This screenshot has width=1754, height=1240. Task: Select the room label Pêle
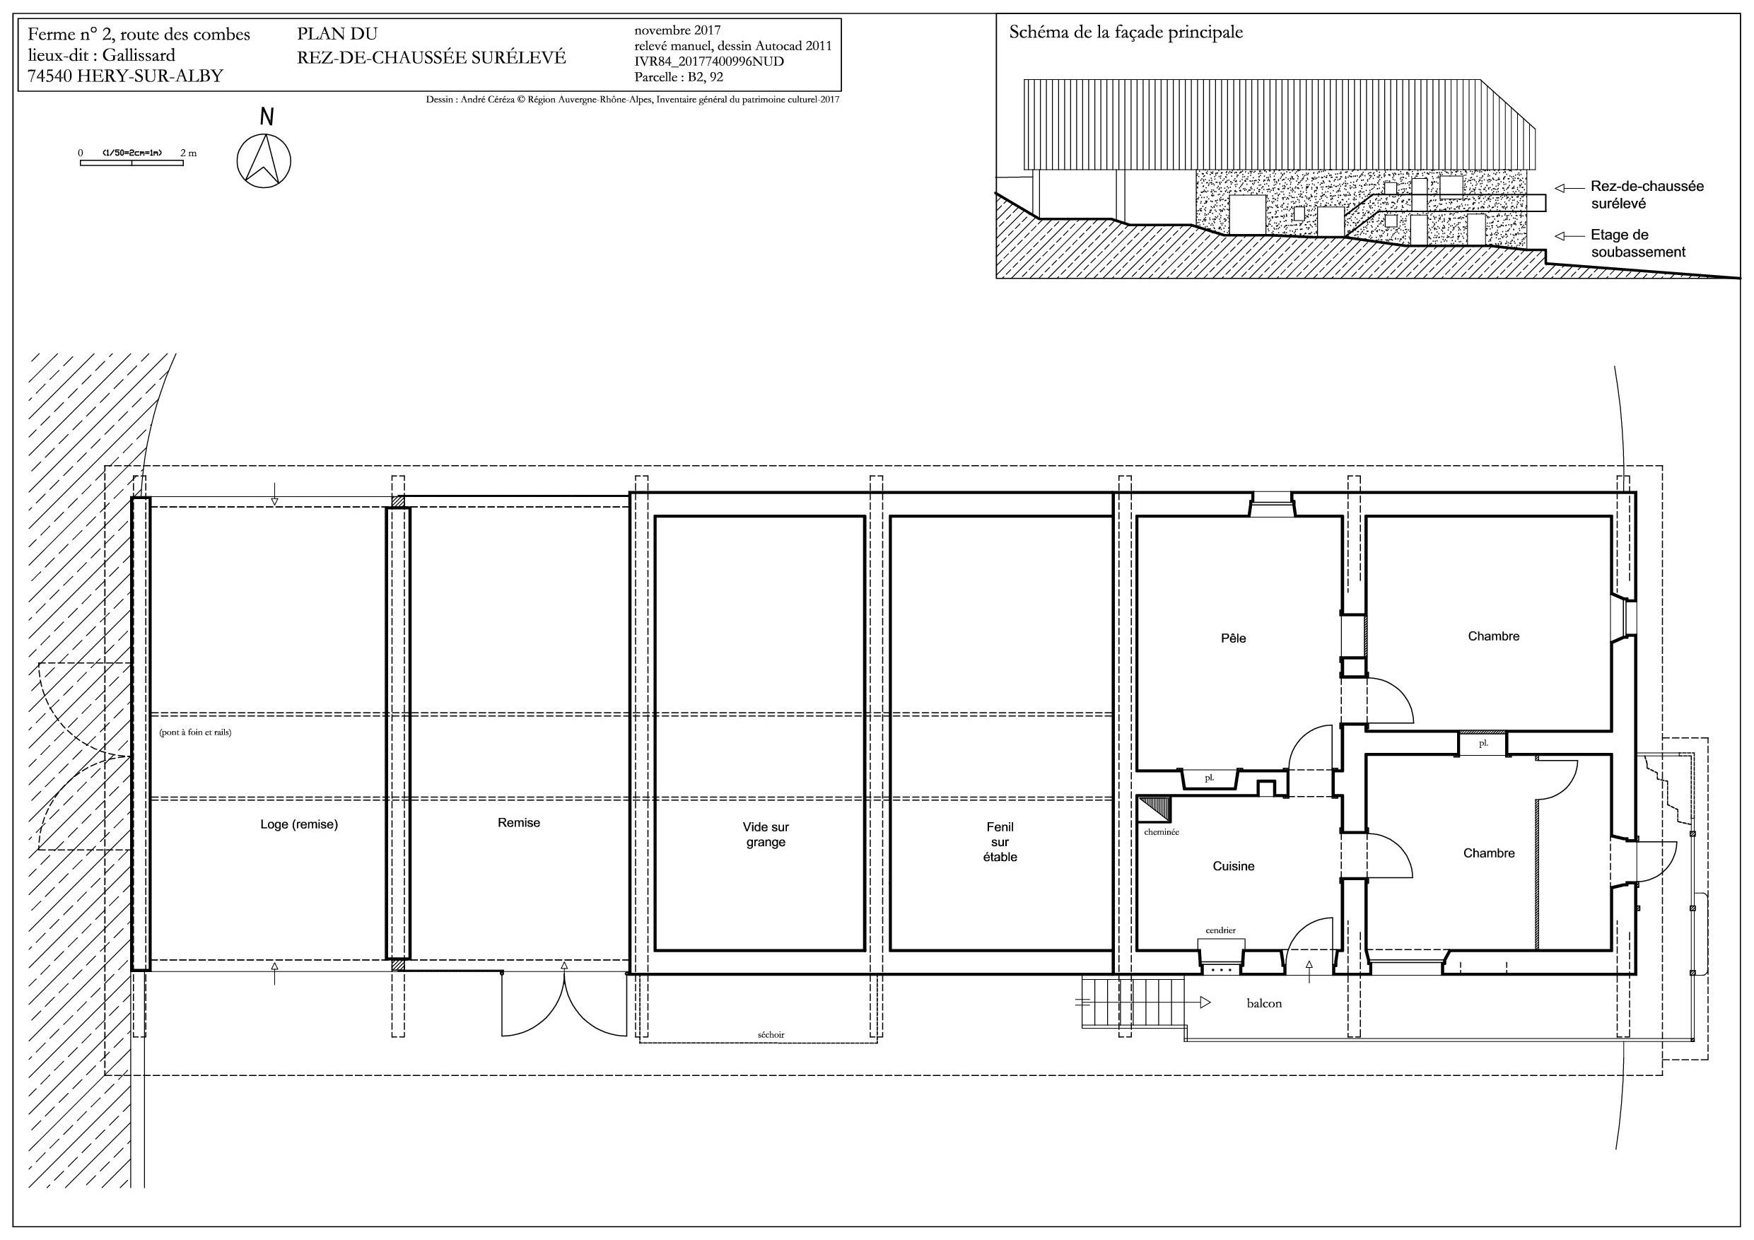point(1233,638)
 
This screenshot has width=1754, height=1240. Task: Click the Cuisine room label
point(1233,865)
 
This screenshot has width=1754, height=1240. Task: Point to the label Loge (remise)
point(299,824)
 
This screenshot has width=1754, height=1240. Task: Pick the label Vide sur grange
point(766,834)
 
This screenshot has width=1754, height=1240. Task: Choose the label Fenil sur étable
point(1000,841)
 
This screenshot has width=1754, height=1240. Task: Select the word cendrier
point(1220,930)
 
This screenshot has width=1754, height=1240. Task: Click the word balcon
point(1264,1003)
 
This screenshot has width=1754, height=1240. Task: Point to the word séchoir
point(771,1034)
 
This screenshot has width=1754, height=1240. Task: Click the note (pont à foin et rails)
point(195,732)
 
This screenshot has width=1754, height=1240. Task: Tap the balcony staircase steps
point(1133,1002)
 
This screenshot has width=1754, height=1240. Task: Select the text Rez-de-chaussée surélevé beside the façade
point(1647,195)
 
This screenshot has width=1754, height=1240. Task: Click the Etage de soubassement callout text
point(1638,243)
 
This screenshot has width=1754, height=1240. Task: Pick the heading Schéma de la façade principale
point(1126,33)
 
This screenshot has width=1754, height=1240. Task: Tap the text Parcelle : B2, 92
point(679,77)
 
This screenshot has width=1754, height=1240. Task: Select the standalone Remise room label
point(519,823)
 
